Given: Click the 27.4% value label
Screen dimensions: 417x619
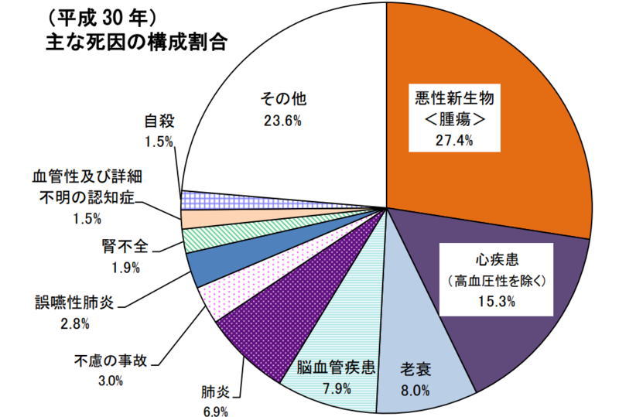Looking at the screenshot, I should click(x=454, y=139).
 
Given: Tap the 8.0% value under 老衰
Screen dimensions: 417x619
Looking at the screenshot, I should click(x=416, y=391).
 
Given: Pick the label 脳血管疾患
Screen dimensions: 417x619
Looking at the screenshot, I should click(x=337, y=368).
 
